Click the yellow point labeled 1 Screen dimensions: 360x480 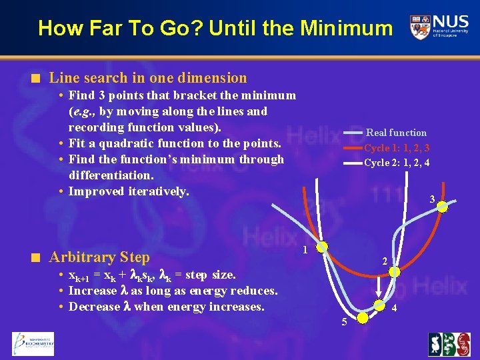coord(322,247)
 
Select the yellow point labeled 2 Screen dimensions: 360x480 coord(395,272)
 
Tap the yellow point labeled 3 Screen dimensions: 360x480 coord(442,207)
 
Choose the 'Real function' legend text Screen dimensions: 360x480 coord(396,133)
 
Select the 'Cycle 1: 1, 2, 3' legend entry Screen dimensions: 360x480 coord(396,148)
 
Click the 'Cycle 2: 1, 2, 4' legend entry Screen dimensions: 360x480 coord(396,163)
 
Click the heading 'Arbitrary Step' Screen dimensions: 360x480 coord(99,257)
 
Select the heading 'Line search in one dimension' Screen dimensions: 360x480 coord(148,78)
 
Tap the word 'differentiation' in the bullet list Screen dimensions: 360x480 coord(111,175)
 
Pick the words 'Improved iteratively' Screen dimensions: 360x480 coord(129,191)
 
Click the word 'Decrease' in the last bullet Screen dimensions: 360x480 coord(95,307)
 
